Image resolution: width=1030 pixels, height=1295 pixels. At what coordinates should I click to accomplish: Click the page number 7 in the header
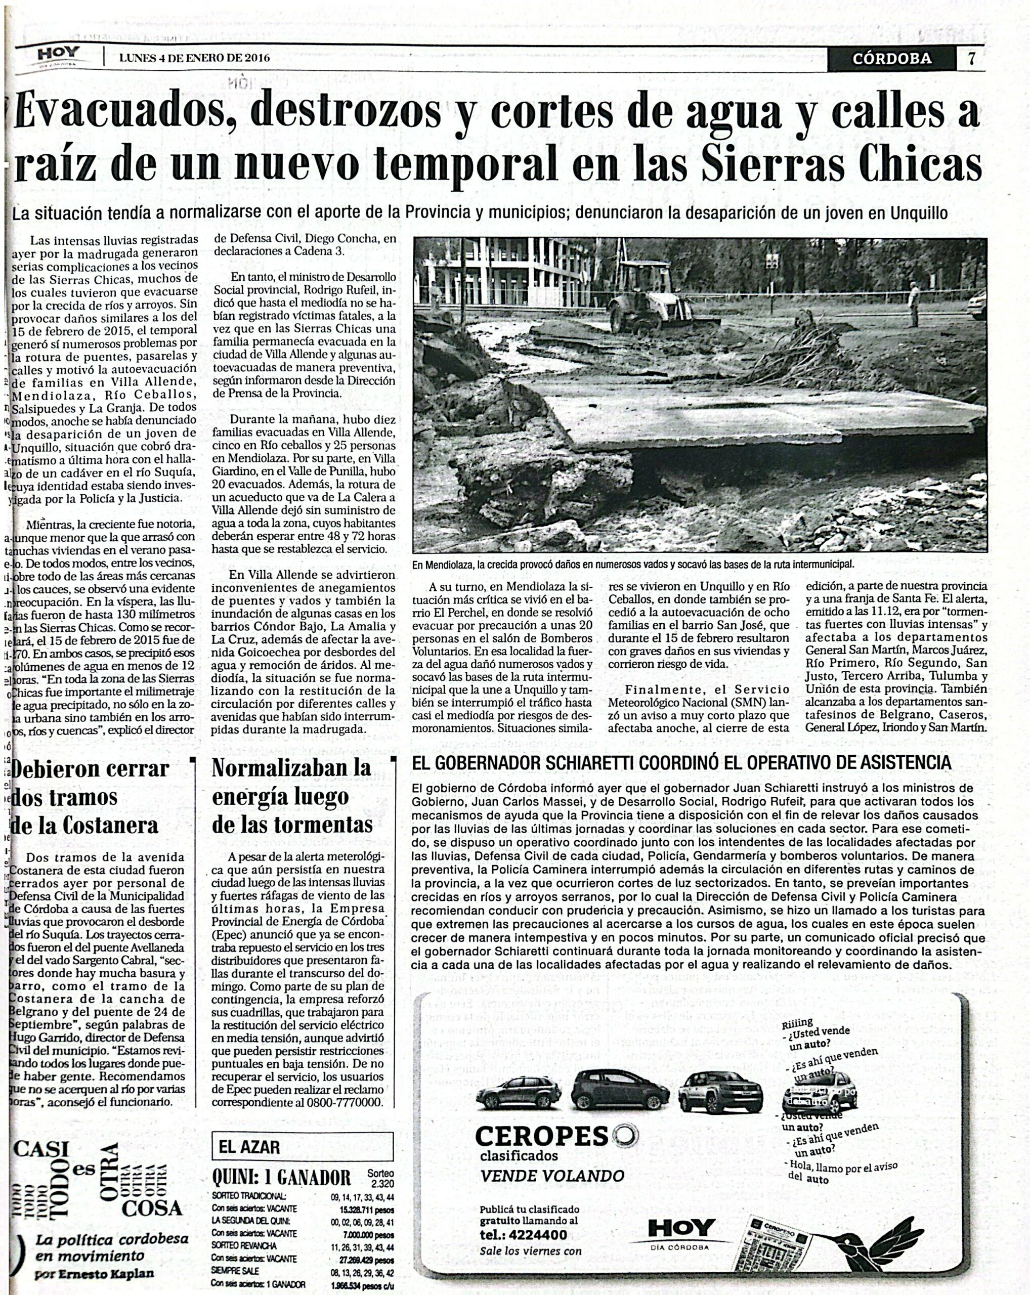coord(971,58)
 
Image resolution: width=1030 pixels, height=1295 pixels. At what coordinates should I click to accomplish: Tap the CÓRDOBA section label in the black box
coord(892,58)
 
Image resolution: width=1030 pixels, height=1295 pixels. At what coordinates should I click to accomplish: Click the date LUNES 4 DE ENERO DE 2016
coord(194,58)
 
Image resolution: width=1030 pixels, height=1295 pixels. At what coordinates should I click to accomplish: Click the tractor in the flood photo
coord(655,297)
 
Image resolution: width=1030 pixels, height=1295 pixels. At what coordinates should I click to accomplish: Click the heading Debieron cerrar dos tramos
coord(90,797)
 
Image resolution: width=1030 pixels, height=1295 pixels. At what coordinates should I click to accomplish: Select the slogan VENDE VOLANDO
coord(552,1176)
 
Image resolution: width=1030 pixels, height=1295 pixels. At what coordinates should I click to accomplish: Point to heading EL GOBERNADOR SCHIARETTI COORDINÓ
coord(681,762)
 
